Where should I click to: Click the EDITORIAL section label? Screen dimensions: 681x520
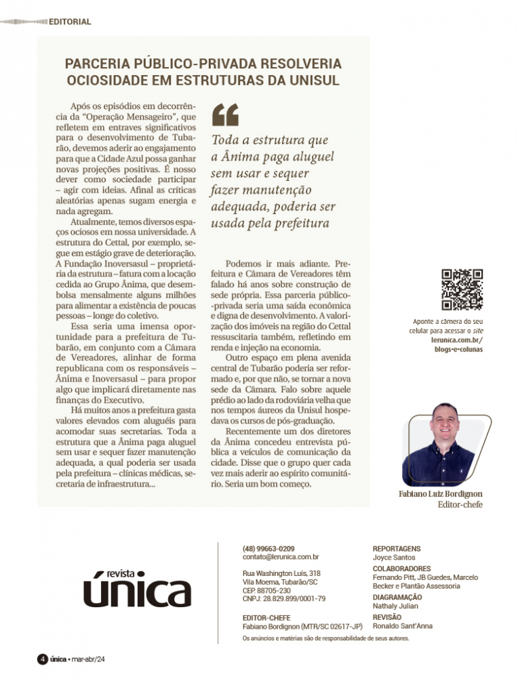pyautogui.click(x=70, y=22)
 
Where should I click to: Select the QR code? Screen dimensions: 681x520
pyautogui.click(x=462, y=289)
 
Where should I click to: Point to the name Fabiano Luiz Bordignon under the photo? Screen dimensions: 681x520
pyautogui.click(x=441, y=495)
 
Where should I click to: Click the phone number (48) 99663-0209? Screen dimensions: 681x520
pyautogui.click(x=268, y=548)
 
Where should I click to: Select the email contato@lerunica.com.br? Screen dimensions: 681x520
pyautogui.click(x=281, y=557)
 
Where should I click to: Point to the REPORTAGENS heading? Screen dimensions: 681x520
pyautogui.click(x=397, y=548)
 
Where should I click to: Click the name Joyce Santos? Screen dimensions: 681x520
pyautogui.click(x=394, y=557)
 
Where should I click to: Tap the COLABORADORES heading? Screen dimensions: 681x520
pyautogui.click(x=402, y=568)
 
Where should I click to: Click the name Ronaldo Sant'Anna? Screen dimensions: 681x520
pyautogui.click(x=403, y=626)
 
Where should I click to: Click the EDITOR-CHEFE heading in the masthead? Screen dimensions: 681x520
pyautogui.click(x=266, y=617)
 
